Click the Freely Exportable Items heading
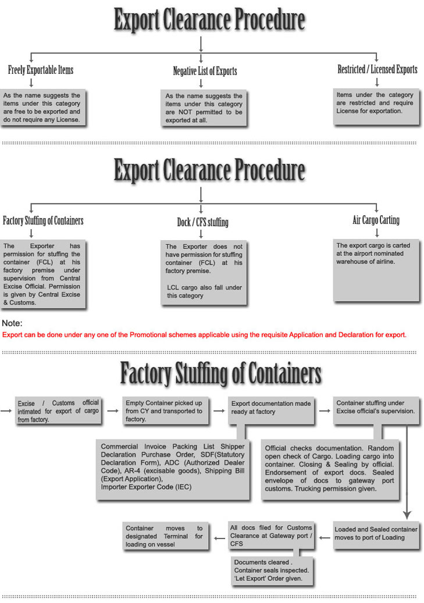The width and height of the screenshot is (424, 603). [41, 70]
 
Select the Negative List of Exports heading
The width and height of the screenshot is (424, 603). [205, 72]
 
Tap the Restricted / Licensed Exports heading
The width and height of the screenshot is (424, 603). [377, 69]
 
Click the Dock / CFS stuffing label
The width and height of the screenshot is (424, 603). [202, 222]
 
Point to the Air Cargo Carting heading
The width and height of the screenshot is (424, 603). [376, 220]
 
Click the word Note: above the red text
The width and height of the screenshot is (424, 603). [12, 323]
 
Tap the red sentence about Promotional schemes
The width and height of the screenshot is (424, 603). [204, 334]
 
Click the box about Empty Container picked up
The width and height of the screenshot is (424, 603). [163, 411]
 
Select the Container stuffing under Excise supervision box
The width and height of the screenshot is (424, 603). [375, 406]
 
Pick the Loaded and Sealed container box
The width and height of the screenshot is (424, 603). [376, 533]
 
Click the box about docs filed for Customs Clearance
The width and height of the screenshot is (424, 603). [271, 535]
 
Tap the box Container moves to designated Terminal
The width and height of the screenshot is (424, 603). [164, 536]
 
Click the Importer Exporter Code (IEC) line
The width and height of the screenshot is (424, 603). [146, 487]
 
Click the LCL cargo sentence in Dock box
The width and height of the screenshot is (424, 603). [204, 291]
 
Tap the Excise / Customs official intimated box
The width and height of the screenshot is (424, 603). [58, 411]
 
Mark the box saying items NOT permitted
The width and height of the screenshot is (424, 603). [204, 108]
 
